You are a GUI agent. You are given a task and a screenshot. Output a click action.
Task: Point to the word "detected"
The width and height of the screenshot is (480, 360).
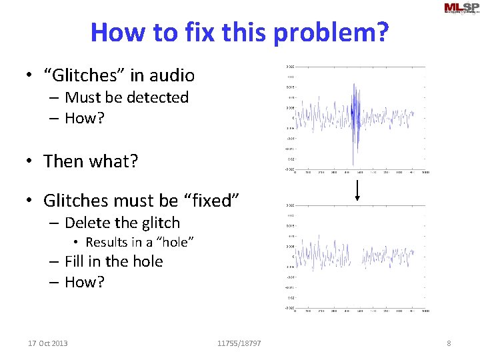[x=157, y=97]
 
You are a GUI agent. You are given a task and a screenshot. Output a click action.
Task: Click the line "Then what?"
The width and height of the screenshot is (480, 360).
[x=91, y=161]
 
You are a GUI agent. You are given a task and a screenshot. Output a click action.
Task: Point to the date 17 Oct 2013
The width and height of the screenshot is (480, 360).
[x=48, y=343]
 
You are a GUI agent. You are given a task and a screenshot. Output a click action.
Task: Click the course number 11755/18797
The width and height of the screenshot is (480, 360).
[x=239, y=343]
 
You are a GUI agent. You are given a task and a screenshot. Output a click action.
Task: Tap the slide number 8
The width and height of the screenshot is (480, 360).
[x=449, y=343]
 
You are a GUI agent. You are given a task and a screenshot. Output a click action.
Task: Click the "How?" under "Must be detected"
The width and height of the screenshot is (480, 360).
[x=85, y=118]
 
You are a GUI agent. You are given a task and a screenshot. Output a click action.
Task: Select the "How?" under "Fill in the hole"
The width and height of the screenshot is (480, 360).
[x=85, y=282]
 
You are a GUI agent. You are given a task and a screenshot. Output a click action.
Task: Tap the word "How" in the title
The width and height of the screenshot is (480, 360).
[x=115, y=31]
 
